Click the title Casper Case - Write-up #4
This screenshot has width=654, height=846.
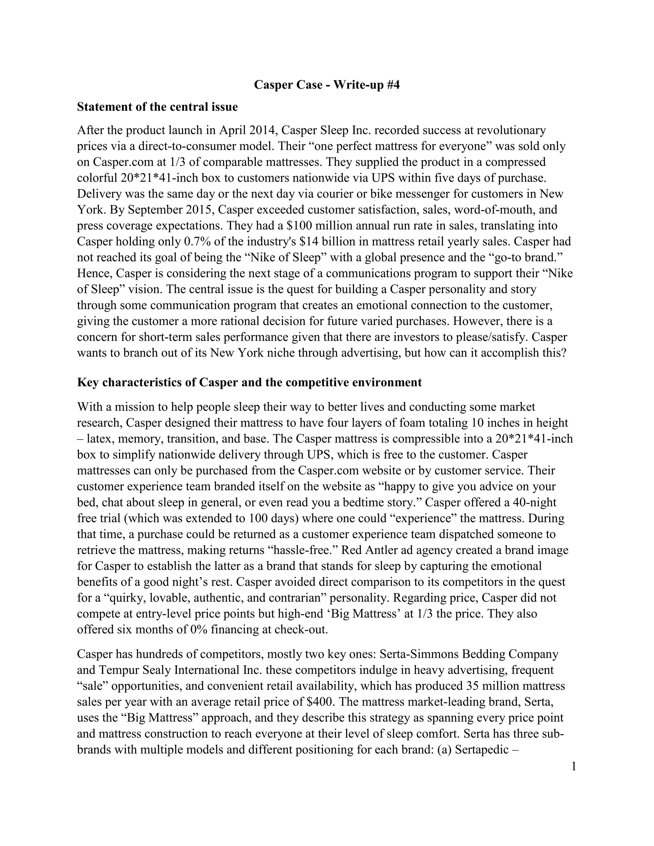click(327, 85)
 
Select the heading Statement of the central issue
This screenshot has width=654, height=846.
click(157, 107)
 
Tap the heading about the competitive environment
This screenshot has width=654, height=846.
click(249, 382)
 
